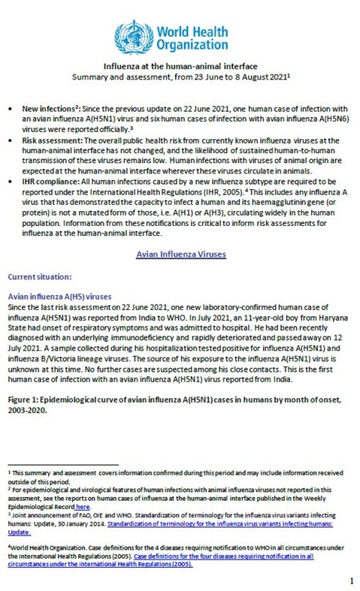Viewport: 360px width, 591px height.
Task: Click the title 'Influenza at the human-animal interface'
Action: (x=180, y=67)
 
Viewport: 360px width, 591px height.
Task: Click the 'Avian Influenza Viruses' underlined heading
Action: (x=180, y=255)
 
